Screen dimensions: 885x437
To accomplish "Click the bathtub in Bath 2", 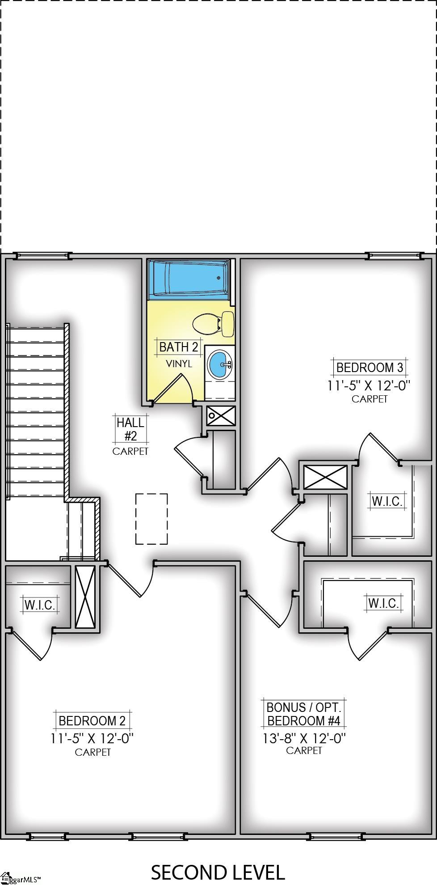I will coord(189,278).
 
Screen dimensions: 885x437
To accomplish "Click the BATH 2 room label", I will coord(178,347).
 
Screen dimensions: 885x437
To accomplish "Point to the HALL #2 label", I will coord(130,429).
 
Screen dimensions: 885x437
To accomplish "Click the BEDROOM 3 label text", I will coord(370,368).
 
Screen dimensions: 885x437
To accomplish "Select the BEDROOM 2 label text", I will coord(92,720).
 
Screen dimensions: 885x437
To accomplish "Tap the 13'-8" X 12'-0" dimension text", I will coord(304,738).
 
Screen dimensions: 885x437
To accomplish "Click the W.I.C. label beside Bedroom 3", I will coord(387,501).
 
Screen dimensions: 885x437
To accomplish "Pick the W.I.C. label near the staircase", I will coord(40,606).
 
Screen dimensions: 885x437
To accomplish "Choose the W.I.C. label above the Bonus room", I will coord(383,603).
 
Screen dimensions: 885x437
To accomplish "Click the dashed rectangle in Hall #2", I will coord(151,519).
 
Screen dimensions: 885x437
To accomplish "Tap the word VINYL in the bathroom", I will coord(179,364).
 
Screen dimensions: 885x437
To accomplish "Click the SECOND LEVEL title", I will coord(218,872).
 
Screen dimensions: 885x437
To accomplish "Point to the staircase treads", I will coord(36,411).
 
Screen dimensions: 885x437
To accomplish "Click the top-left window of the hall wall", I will coord(43,256).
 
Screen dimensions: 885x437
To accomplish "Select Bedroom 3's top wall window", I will coord(394,256).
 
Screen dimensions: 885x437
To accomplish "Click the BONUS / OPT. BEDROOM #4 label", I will coord(304,714).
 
